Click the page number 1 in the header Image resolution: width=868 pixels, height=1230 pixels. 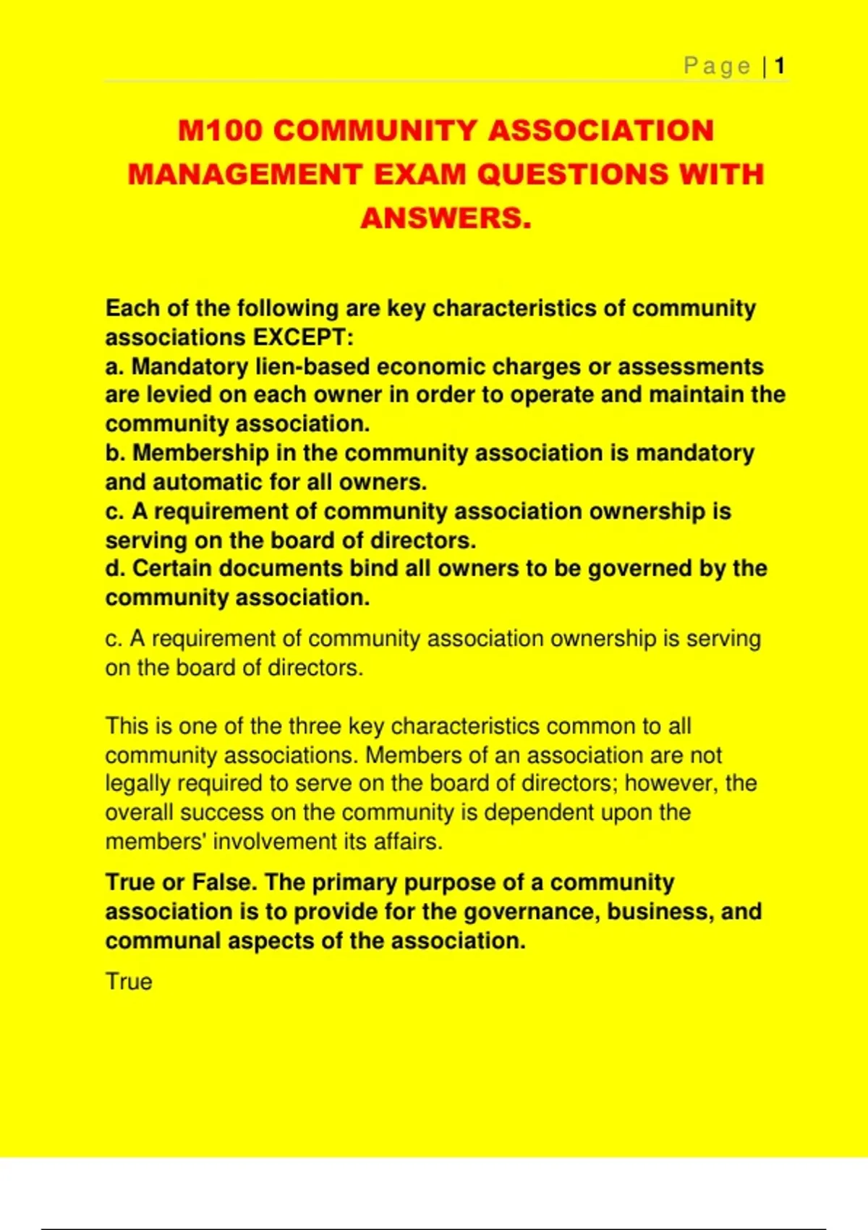point(779,67)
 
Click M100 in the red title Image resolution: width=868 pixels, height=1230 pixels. point(220,131)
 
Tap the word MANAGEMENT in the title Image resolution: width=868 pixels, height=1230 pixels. point(245,174)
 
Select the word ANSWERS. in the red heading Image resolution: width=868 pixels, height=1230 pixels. point(446,218)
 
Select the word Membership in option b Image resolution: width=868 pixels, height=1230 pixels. point(200,453)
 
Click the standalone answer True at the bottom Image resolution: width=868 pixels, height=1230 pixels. point(129,982)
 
